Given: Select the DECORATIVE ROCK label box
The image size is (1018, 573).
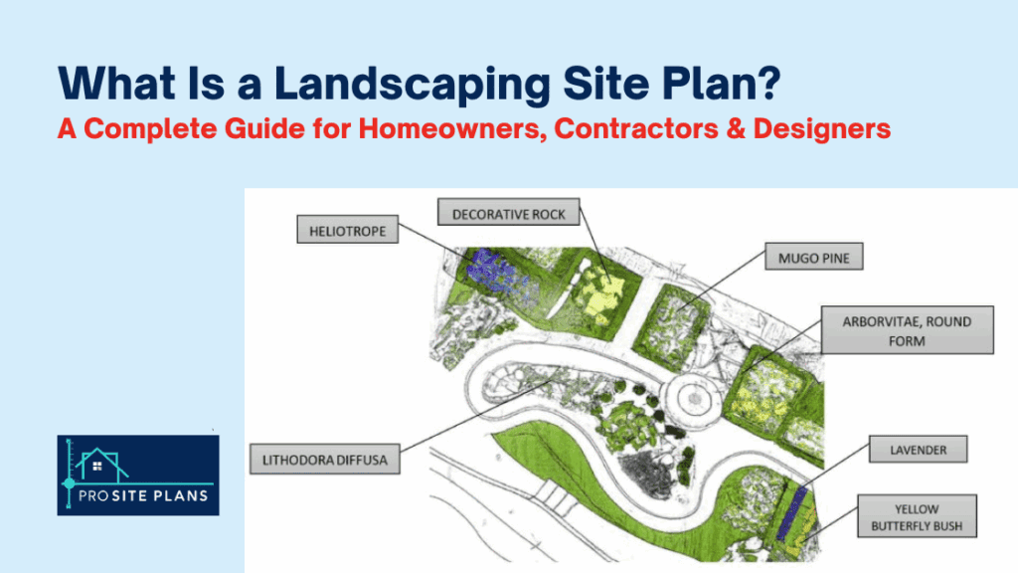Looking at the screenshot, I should click(509, 213).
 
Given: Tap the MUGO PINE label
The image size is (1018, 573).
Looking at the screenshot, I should click(813, 259).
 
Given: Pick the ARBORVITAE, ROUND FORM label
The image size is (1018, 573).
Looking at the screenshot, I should click(907, 329).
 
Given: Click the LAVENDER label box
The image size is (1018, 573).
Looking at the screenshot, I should click(918, 450).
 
